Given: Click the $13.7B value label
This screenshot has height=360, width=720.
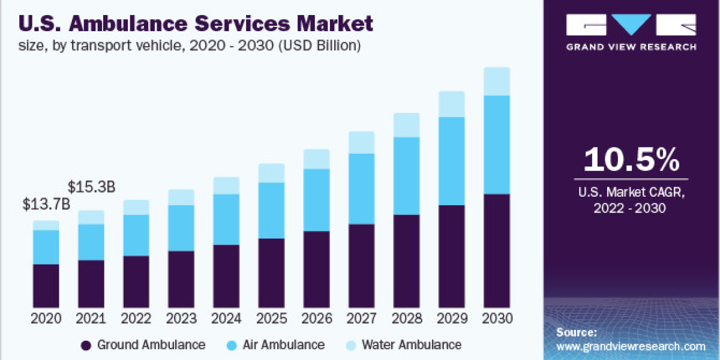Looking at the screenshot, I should (46, 204).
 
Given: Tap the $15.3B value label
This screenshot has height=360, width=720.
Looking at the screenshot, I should (91, 187).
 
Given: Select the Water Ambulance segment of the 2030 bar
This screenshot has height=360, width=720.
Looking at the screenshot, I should (496, 82).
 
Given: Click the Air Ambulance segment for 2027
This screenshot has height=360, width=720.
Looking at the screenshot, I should (361, 188).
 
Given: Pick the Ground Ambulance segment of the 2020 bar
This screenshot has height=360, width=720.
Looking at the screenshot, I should (46, 286).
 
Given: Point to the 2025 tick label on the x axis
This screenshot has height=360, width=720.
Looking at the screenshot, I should (271, 318).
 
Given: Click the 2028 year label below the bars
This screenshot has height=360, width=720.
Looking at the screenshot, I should (406, 318).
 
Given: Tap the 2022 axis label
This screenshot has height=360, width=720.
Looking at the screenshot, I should (136, 318).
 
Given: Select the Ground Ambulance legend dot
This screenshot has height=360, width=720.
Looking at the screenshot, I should (86, 345).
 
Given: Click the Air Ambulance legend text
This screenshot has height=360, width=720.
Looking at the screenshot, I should (283, 345).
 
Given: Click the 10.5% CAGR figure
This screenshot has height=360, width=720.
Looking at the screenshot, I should (631, 160).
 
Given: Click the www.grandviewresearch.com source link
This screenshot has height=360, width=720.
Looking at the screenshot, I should (630, 346).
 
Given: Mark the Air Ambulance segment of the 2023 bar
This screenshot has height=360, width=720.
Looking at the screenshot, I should (181, 228).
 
